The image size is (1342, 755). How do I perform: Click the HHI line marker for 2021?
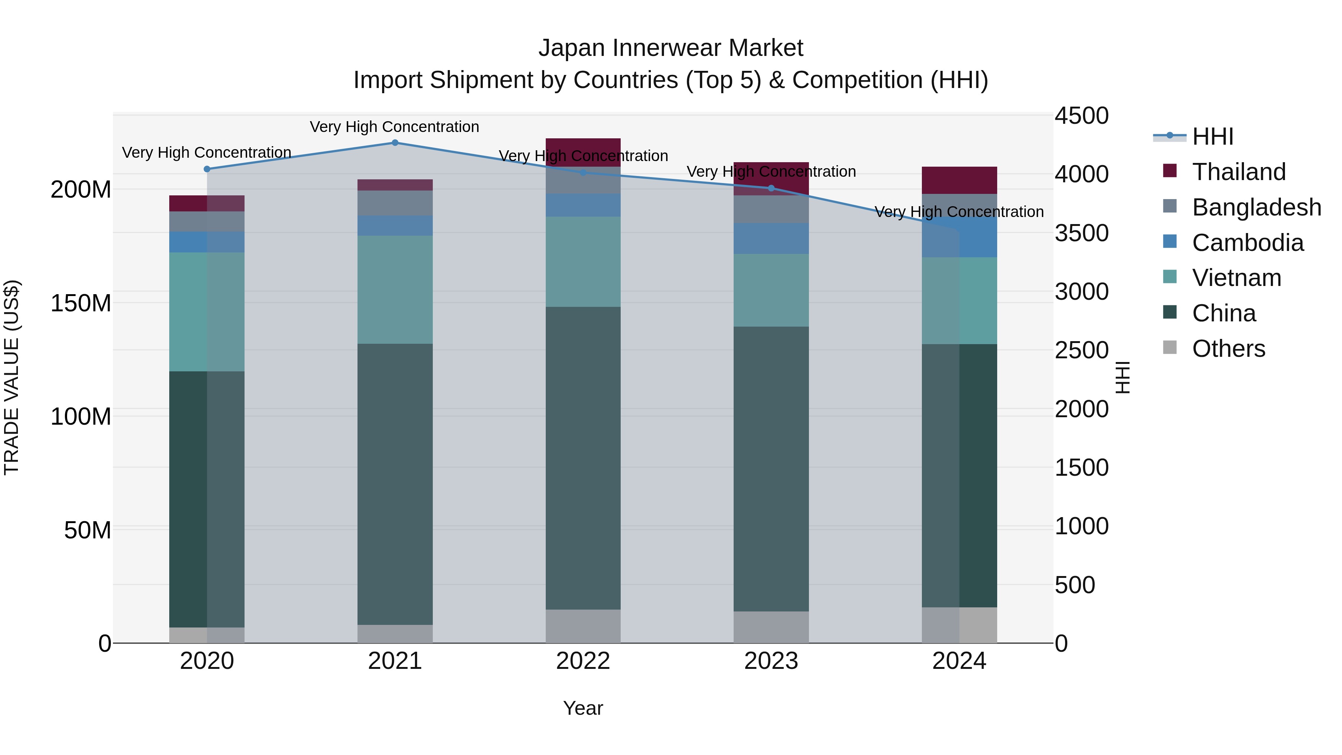tap(395, 143)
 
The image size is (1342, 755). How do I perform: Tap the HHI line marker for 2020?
tap(207, 169)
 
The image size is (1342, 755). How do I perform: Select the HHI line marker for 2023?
tap(772, 188)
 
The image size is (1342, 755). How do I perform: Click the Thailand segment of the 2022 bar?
tap(583, 152)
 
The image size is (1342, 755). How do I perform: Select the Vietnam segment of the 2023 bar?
tap(772, 290)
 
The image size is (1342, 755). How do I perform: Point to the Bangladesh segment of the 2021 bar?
tap(395, 203)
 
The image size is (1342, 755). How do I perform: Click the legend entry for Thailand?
tap(1239, 172)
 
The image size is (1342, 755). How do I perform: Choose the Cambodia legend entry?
tap(1247, 243)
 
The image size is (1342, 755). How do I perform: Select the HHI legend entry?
tap(1212, 136)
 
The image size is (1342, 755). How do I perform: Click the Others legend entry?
tap(1228, 349)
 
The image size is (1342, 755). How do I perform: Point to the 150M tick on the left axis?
tap(81, 303)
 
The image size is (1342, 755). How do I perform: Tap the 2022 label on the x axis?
tap(583, 661)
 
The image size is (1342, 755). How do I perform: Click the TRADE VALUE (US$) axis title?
tap(12, 377)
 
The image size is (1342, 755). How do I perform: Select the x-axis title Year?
tap(583, 708)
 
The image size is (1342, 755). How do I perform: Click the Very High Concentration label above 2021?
tap(394, 127)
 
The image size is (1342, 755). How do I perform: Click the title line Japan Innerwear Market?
tap(671, 48)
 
